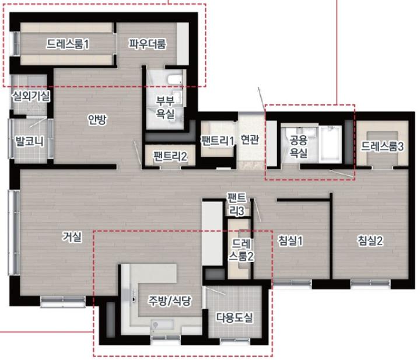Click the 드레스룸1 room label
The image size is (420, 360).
click(x=68, y=44)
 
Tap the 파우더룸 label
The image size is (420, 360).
click(x=148, y=44)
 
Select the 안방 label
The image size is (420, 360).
click(x=97, y=120)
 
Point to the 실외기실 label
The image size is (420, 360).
click(x=31, y=96)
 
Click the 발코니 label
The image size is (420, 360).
click(x=30, y=141)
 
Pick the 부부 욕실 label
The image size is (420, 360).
click(x=165, y=107)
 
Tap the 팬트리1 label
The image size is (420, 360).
click(x=218, y=141)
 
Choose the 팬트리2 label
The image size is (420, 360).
click(x=170, y=156)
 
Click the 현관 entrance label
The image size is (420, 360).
click(x=250, y=139)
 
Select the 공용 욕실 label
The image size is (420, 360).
click(x=299, y=146)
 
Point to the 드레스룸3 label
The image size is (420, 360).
click(x=382, y=146)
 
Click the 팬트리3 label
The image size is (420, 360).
click(x=236, y=204)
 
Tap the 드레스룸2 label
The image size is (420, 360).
click(x=241, y=250)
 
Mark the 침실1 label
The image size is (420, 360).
click(x=290, y=240)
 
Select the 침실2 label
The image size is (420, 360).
click(x=370, y=240)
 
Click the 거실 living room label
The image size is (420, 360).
click(x=72, y=236)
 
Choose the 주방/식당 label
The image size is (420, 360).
click(x=170, y=301)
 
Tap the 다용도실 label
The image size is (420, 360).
click(x=235, y=317)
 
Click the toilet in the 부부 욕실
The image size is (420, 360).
click(x=174, y=79)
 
